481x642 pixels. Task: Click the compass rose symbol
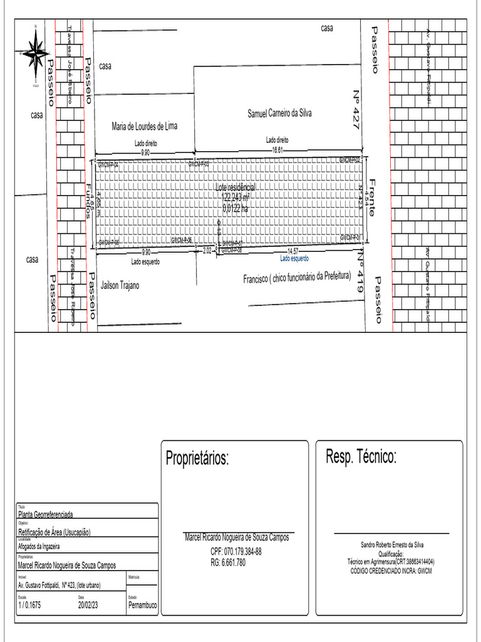click(36, 52)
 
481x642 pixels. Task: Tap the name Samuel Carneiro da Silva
click(279, 113)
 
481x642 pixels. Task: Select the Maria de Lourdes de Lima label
click(145, 126)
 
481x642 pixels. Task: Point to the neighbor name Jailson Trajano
click(118, 285)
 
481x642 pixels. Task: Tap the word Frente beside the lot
click(372, 197)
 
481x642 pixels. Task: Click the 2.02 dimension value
click(207, 250)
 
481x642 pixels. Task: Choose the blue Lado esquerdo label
click(294, 258)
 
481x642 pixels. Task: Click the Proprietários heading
click(197, 458)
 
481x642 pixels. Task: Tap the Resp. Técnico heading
click(361, 457)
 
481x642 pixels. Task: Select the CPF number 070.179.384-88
click(236, 551)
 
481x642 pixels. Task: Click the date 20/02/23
click(88, 606)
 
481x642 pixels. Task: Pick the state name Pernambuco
click(142, 606)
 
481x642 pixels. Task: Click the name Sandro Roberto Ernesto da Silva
click(392, 545)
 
